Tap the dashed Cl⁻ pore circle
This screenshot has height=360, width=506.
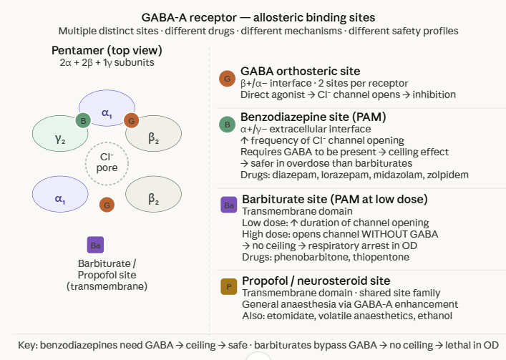pos(107,162)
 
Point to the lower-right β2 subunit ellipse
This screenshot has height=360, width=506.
pos(153,198)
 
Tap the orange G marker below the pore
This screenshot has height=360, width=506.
pos(107,205)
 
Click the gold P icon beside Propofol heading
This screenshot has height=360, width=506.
pos(228,287)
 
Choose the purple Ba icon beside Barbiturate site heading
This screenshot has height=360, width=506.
pos(228,205)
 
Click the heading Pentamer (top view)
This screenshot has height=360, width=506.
pos(107,50)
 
